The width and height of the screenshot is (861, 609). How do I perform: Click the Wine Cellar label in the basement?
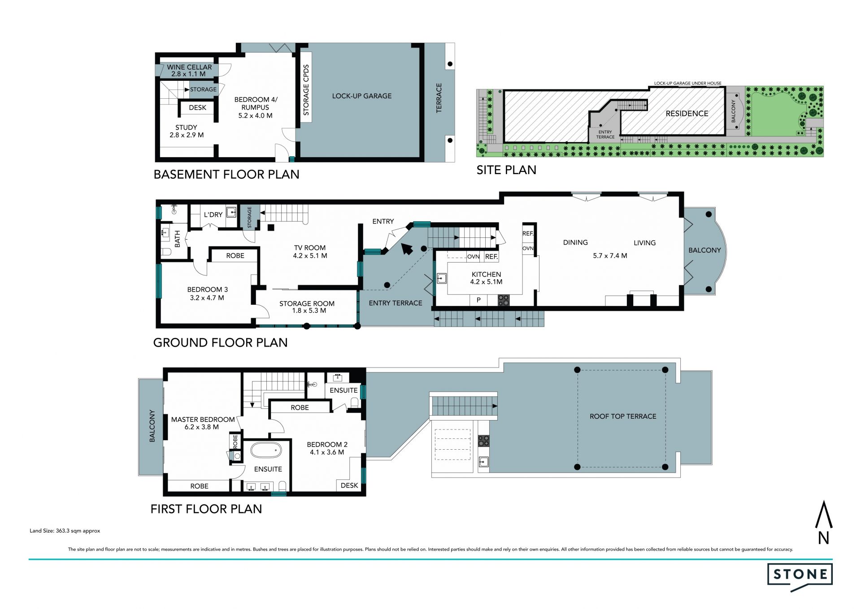(x=189, y=70)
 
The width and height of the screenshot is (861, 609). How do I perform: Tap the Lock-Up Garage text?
(x=362, y=96)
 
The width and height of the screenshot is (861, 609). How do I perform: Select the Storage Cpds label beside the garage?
(x=306, y=90)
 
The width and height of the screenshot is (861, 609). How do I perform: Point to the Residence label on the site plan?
(x=687, y=114)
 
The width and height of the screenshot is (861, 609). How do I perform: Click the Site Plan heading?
(x=506, y=170)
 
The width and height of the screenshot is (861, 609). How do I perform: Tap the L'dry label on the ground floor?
(x=213, y=215)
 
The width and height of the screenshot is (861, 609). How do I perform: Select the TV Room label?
(x=310, y=252)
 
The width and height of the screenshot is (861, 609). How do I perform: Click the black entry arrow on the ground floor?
(x=407, y=248)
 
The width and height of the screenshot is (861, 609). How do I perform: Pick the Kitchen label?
(x=486, y=278)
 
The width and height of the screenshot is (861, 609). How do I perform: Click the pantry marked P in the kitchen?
(x=478, y=300)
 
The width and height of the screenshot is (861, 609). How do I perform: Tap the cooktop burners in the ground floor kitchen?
(x=504, y=300)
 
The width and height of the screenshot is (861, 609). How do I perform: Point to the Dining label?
(x=575, y=242)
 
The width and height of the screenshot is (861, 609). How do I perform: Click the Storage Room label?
(x=307, y=307)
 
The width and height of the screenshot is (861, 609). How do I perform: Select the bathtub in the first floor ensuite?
(x=266, y=450)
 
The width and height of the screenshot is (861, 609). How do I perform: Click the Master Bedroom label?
(x=203, y=423)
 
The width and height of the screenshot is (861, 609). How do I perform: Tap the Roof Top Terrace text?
(x=623, y=416)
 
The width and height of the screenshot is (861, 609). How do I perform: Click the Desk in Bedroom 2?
(x=349, y=486)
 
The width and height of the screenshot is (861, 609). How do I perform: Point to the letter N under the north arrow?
(x=823, y=538)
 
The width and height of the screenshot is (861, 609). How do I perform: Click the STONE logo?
(x=800, y=576)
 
